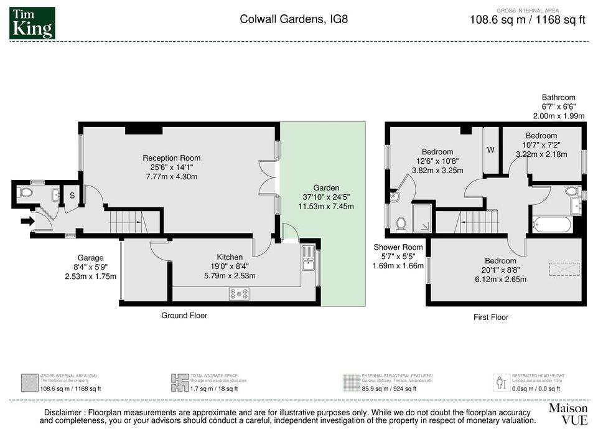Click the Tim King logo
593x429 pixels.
[32, 23]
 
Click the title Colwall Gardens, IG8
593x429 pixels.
[294, 19]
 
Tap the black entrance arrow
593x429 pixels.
[27, 220]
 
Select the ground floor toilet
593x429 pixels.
[26, 192]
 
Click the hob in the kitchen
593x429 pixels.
[239, 293]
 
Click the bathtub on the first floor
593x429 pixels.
[551, 224]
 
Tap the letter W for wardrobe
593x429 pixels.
[491, 150]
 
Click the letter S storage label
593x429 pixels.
[72, 196]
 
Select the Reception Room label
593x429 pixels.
[172, 158]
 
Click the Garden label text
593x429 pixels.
[326, 187]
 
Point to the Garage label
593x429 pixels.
[90, 258]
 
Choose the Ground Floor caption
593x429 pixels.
[184, 316]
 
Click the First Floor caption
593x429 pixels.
[491, 317]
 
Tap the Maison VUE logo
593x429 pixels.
[567, 414]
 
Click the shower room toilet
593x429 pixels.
[401, 223]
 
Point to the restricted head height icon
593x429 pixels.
[502, 381]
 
